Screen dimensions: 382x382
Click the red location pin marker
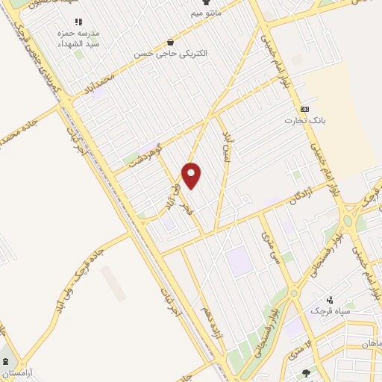point(192,175)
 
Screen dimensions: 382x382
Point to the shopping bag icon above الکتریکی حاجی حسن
point(172,43)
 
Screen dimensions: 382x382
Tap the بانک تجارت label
point(305,119)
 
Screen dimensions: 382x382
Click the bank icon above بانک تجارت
point(304,108)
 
